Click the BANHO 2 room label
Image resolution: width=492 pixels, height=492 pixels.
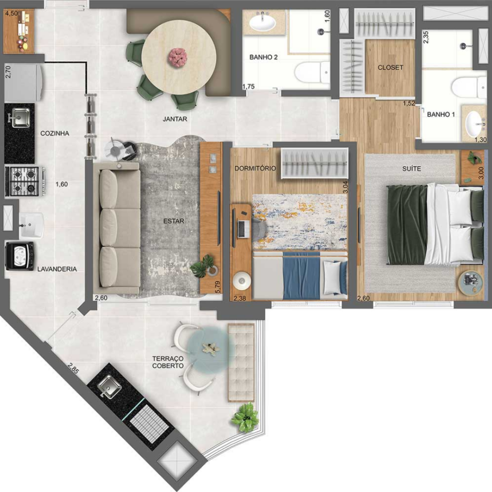(x=263, y=57)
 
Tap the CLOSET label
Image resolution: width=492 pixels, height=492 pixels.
(x=390, y=67)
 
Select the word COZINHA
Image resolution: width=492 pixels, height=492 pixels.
(x=55, y=134)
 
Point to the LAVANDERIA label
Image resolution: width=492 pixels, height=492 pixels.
(x=57, y=269)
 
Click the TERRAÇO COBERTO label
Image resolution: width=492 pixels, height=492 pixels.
(x=168, y=362)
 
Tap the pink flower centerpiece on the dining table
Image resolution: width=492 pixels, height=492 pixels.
(x=177, y=58)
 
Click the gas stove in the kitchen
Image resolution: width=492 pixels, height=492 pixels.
(x=25, y=182)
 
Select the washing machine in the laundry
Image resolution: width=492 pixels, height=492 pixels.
(x=20, y=256)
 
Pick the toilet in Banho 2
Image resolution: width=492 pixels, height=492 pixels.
(x=312, y=73)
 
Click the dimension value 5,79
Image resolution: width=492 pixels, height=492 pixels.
(x=218, y=287)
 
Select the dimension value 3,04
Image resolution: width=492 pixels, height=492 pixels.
(x=345, y=187)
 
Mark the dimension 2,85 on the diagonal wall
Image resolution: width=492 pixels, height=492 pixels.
(x=73, y=368)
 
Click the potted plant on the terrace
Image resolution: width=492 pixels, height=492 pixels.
(x=246, y=418)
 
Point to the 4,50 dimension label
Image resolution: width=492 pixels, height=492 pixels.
(x=12, y=13)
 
